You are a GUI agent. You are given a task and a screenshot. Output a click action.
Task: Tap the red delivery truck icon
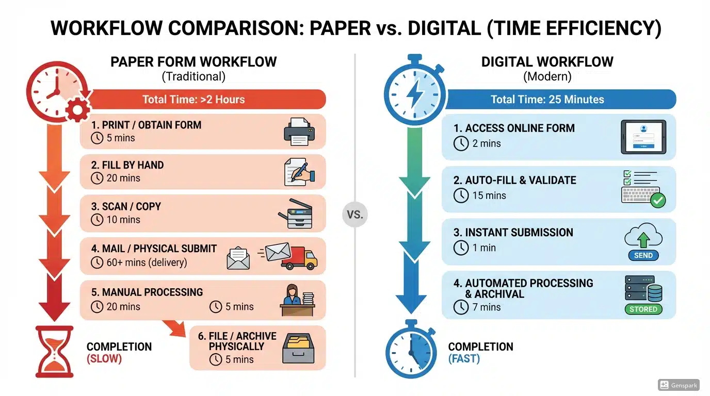click(x=299, y=256)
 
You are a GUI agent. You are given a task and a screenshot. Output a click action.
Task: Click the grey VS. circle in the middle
click(x=354, y=214)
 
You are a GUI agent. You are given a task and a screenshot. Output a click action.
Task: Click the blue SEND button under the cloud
click(x=643, y=255)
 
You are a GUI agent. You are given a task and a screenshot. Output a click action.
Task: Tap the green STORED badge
click(x=643, y=309)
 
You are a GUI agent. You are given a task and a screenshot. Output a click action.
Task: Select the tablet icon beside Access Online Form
click(x=643, y=137)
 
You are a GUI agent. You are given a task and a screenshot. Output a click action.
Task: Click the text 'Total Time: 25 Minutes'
click(x=547, y=100)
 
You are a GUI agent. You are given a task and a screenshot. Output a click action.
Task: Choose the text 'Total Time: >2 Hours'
click(x=193, y=100)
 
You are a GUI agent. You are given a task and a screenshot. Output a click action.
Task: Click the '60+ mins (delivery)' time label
click(x=146, y=262)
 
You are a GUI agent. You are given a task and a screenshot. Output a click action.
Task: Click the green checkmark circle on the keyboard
click(x=657, y=200)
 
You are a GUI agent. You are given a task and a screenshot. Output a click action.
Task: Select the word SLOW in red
click(x=104, y=358)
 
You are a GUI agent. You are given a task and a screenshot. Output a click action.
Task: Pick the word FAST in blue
click(x=464, y=358)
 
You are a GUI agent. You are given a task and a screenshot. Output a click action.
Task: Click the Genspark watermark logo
click(x=679, y=385)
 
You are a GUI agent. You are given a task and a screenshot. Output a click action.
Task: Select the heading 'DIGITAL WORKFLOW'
click(x=547, y=62)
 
